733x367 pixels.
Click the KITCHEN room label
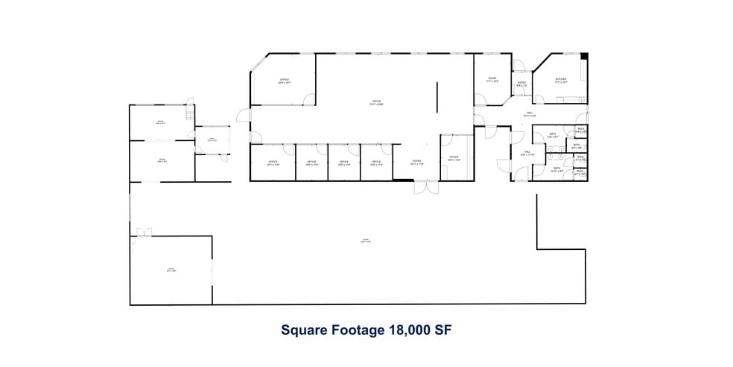561,80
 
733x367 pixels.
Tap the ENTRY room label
521,84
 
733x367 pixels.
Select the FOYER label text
417,162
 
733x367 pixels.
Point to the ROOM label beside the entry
492,79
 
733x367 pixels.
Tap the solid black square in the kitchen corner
585,56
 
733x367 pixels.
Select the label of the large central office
376,103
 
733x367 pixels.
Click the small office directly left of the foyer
376,163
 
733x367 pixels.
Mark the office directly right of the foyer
454,158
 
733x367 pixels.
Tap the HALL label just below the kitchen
530,114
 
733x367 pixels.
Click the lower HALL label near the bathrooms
526,153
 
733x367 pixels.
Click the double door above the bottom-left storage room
142,232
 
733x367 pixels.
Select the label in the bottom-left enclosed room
171,270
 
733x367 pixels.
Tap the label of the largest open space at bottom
365,241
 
